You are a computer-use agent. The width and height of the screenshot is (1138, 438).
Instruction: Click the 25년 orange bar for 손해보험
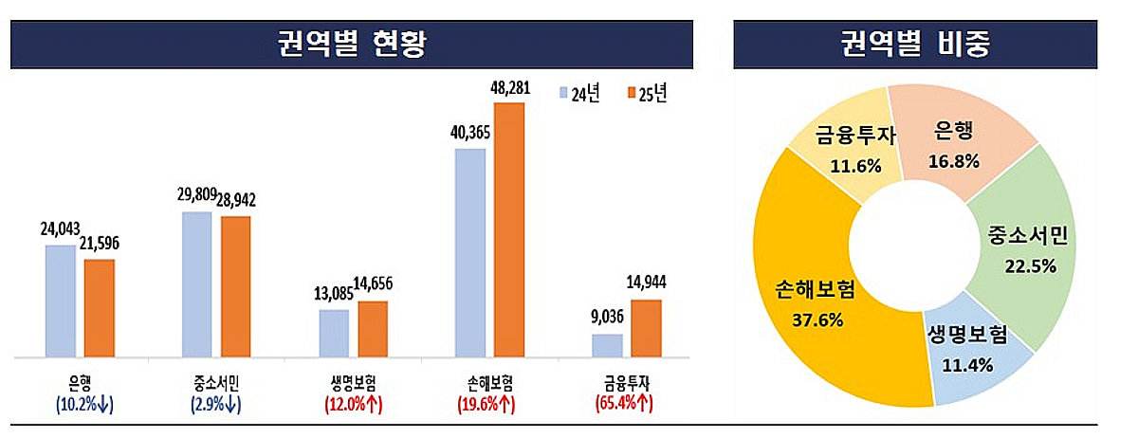click(x=508, y=230)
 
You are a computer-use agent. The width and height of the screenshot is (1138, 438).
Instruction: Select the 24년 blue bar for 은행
click(x=61, y=301)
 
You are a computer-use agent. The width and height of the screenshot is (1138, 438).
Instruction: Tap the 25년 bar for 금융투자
click(x=646, y=329)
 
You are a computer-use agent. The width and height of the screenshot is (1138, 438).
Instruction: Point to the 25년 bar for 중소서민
click(x=235, y=287)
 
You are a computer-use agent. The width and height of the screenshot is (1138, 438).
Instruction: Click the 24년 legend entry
click(x=579, y=94)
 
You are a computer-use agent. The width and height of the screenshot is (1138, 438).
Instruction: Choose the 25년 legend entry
click(x=647, y=94)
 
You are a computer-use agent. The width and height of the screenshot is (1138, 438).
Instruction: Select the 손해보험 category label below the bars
click(x=490, y=384)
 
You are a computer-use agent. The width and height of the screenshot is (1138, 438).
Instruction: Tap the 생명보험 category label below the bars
click(x=354, y=384)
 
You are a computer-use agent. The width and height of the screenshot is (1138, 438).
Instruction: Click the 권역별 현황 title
click(x=351, y=44)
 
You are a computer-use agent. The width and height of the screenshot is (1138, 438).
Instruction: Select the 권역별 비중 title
click(x=915, y=44)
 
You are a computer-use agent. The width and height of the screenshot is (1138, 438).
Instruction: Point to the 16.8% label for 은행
click(x=952, y=161)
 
